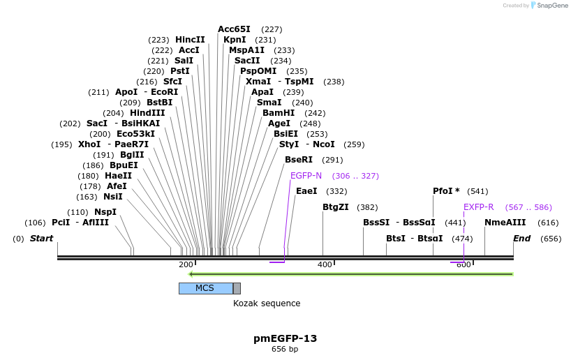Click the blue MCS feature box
(205, 288)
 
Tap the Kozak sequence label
(267, 303)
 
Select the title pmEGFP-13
(285, 338)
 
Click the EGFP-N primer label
(306, 176)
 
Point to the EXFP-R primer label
(478, 207)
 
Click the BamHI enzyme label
(279, 113)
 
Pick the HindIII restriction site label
(147, 113)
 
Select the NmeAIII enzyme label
(505, 223)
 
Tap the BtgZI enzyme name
(336, 207)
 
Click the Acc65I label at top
(234, 29)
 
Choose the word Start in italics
(41, 239)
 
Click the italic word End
(521, 239)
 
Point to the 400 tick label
(325, 265)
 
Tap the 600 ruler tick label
(464, 265)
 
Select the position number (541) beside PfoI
(477, 191)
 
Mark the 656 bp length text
(285, 349)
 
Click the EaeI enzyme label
(306, 191)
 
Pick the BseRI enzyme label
(299, 160)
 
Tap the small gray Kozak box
(237, 288)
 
